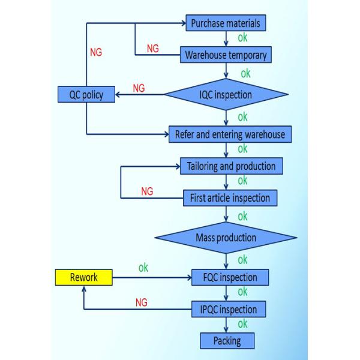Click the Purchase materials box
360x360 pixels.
point(225,23)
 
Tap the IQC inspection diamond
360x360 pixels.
point(226,95)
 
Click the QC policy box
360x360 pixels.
point(86,95)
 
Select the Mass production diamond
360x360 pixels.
point(226,238)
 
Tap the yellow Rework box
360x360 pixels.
point(83,277)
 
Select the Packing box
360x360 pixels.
point(227,341)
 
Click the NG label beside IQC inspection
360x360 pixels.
point(139,88)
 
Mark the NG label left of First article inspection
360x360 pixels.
point(147,191)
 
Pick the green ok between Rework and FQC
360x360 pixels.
point(143,268)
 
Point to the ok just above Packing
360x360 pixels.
point(242,325)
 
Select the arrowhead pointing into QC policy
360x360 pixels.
point(118,95)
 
